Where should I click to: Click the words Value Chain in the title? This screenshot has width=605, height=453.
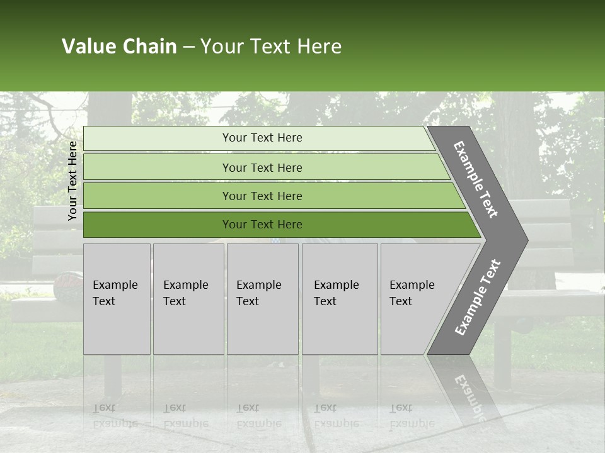click(119, 47)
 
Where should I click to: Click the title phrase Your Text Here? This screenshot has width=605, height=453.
click(271, 47)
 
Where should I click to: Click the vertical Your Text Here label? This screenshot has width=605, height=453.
click(72, 181)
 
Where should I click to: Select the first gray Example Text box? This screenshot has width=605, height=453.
click(117, 299)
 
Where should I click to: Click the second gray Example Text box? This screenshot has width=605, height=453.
click(188, 299)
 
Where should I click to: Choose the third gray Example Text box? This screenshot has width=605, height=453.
click(262, 299)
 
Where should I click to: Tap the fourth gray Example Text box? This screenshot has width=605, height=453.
click(340, 299)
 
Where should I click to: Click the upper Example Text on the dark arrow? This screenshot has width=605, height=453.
click(476, 179)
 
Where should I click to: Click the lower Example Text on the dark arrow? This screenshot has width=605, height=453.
click(477, 297)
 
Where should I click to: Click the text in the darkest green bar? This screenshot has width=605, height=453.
click(262, 225)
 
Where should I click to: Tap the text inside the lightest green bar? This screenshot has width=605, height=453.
click(262, 138)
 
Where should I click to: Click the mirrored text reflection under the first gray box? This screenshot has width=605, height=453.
click(115, 415)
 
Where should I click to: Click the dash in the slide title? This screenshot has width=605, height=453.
click(188, 47)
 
